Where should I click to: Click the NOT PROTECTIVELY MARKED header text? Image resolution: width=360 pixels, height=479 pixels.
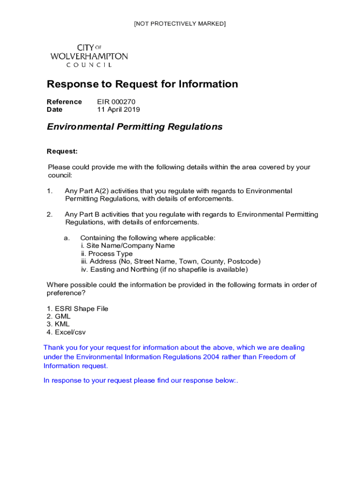click(180, 23)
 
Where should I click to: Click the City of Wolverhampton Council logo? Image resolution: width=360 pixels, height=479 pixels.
click(89, 56)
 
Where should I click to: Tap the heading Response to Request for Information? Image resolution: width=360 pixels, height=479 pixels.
click(142, 84)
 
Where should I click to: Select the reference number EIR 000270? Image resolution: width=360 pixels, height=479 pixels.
click(116, 102)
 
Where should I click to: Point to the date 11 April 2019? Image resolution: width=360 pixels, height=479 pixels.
click(118, 109)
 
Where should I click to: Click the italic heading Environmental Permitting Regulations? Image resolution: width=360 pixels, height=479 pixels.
click(135, 127)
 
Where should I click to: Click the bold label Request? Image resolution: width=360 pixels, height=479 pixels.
click(62, 152)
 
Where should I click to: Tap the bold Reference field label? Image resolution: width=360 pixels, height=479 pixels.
click(64, 102)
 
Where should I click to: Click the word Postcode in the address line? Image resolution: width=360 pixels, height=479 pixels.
click(244, 261)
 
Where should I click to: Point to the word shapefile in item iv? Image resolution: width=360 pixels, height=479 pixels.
click(180, 269)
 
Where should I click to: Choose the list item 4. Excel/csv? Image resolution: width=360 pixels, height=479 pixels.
click(66, 332)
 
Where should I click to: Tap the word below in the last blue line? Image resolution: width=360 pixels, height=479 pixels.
click(225, 380)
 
